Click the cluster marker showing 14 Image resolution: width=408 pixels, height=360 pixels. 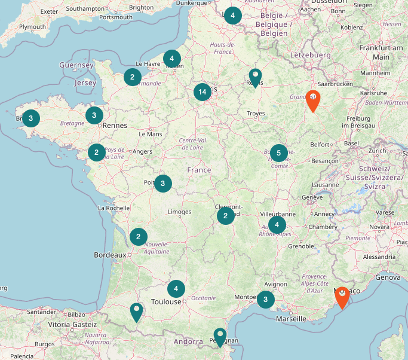coord(203,91)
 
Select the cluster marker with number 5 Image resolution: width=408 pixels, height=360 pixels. coord(278,152)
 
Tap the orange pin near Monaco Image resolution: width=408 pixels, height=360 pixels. coord(342,297)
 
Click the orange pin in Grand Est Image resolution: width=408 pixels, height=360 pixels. coord(312,100)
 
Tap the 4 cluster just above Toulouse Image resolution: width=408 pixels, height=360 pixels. coord(176,289)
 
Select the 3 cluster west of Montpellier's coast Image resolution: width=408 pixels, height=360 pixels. coord(266,298)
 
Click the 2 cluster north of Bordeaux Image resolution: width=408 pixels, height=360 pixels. coord(139,237)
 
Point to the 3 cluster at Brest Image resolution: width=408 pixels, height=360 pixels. coord(31,118)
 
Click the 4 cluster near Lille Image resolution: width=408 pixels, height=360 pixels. coord(233,16)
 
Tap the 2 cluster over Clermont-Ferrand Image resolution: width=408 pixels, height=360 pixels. coord(225,216)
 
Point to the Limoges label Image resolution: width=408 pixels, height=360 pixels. coord(180,212)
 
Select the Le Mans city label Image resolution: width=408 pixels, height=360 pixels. coord(150,134)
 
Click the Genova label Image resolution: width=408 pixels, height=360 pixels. coord(389,277)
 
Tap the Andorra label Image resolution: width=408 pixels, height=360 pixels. coord(189,342)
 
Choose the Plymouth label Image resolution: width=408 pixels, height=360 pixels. coord(32,27)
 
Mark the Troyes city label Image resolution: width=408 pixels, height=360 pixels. coord(256,113)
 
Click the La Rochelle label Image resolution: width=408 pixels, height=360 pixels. coord(113,208)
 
